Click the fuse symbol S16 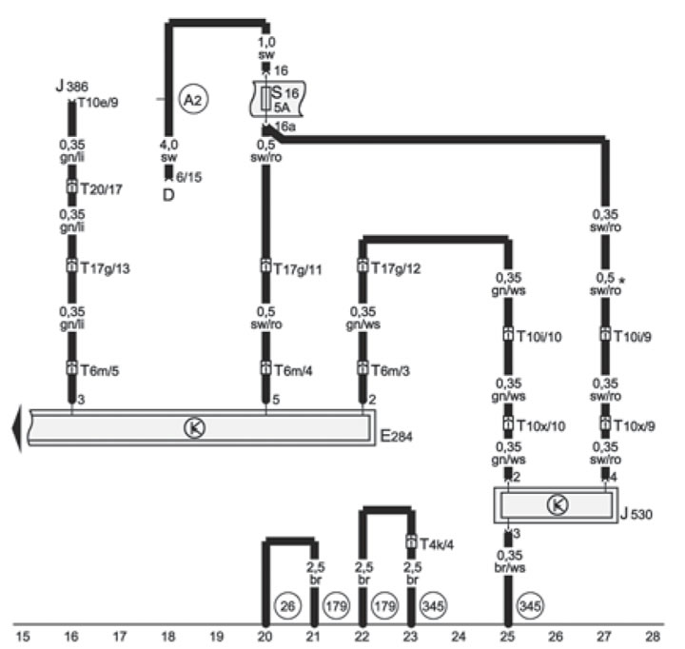click(x=277, y=99)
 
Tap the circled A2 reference click(x=193, y=99)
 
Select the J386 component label click(x=72, y=86)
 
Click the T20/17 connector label click(x=102, y=188)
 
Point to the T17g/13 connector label click(x=106, y=268)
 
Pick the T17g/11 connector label click(x=298, y=268)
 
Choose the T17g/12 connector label click(x=396, y=268)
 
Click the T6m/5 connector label click(x=100, y=370)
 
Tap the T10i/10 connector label click(x=539, y=337)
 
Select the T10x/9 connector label click(x=635, y=425)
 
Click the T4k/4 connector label click(x=437, y=544)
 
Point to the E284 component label click(x=396, y=436)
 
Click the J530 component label click(x=636, y=514)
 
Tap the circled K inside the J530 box click(x=558, y=504)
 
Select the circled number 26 click(x=287, y=606)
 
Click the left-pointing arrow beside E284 click(x=16, y=428)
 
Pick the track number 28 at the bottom click(x=653, y=637)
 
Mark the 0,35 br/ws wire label click(x=509, y=561)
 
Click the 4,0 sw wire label click(x=168, y=150)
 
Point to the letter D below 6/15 click(x=168, y=195)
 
